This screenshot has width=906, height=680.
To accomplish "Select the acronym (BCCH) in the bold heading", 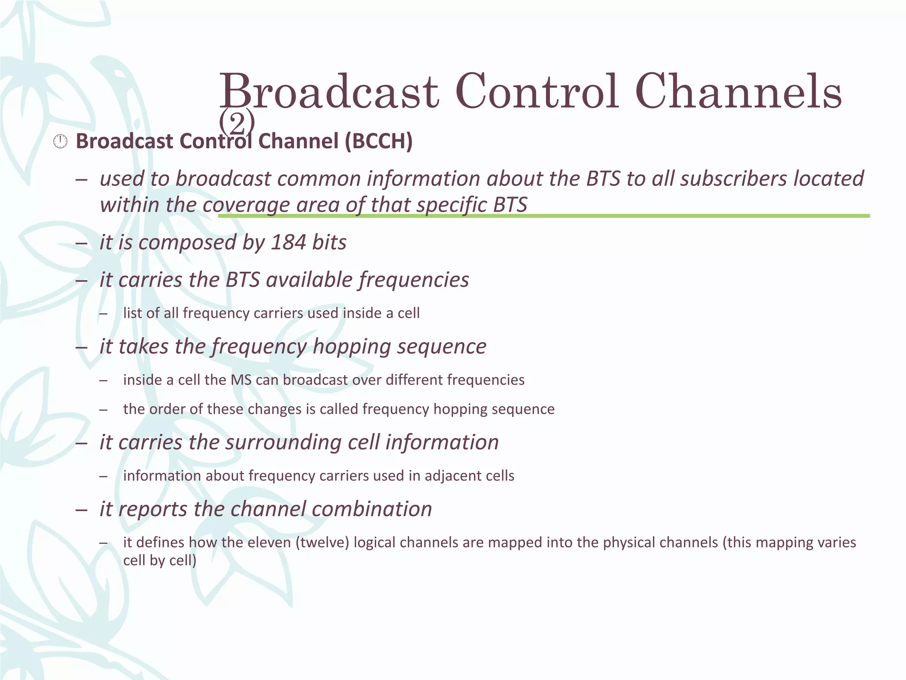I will coord(378,141).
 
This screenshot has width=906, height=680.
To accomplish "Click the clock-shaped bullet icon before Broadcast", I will coord(60,142).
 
